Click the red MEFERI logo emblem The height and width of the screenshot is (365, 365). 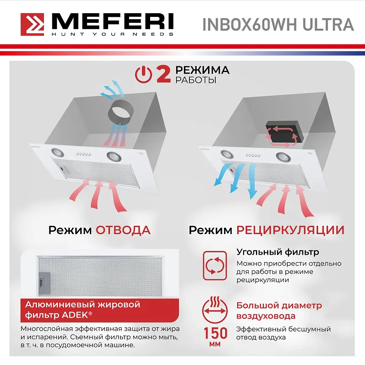(x=33, y=24)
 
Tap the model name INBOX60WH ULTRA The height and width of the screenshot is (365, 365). (x=278, y=24)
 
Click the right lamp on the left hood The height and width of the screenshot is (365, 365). (x=112, y=156)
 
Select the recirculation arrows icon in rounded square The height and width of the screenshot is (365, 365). (x=214, y=265)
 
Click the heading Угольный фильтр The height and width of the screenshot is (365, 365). (x=277, y=252)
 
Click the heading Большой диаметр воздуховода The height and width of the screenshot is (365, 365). (x=278, y=310)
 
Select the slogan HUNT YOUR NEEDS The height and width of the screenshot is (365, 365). (x=112, y=34)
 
